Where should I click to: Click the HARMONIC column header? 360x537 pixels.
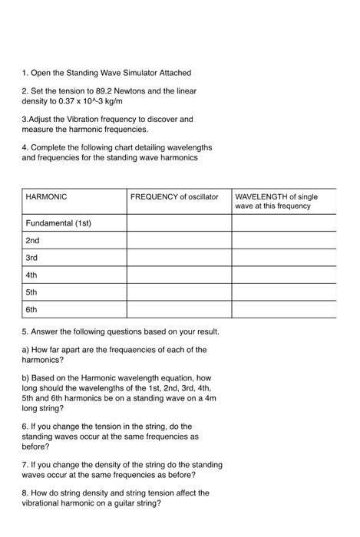(46, 197)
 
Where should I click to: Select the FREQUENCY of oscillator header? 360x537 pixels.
(174, 197)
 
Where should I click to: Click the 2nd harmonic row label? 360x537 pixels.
(32, 240)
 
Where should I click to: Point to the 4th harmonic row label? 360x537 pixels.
(31, 275)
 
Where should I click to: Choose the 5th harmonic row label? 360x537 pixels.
(31, 292)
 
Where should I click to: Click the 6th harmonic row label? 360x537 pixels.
(31, 310)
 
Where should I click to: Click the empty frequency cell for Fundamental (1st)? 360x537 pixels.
(179, 222)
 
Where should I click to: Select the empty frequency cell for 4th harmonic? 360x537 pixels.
(179, 275)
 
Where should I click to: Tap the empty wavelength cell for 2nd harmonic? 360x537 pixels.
(284, 240)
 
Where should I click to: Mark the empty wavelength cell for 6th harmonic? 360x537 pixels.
(284, 310)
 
